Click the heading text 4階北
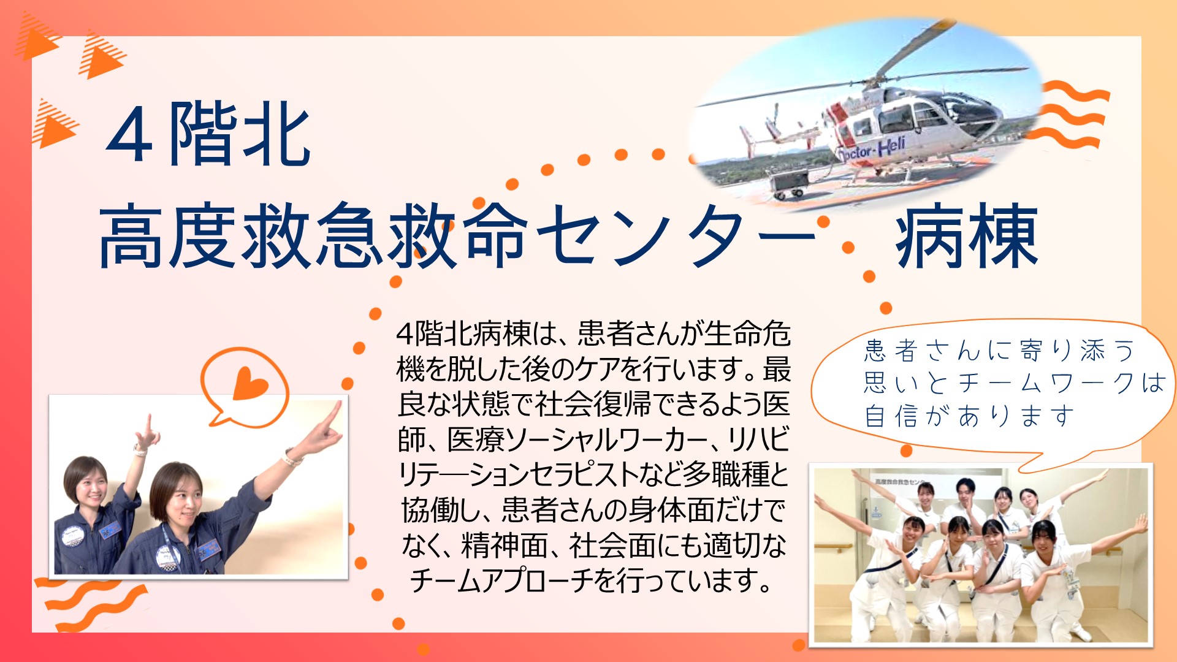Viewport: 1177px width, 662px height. point(208,135)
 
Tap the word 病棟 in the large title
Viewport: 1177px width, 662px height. point(967,236)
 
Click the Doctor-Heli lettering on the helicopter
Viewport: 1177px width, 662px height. point(871,149)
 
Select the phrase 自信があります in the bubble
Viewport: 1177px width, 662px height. point(969,416)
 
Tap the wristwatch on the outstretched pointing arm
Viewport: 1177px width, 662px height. point(293,457)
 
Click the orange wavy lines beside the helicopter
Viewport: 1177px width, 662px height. point(1070,116)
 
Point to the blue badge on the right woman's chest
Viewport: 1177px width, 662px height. point(208,549)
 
